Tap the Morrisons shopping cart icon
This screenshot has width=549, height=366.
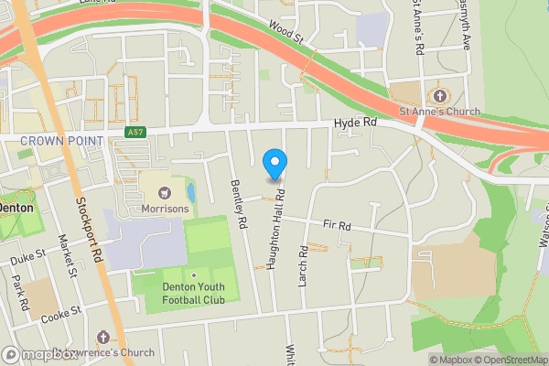pos(166,193)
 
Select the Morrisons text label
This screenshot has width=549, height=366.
pos(166,209)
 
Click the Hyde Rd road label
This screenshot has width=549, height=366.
pos(355,122)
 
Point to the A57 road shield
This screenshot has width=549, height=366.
pos(135,133)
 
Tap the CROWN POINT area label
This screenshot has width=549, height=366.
pos(60,140)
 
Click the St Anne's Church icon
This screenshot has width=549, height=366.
pos(439,96)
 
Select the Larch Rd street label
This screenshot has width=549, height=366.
pos(304,265)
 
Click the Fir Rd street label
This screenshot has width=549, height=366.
pos(337,225)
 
